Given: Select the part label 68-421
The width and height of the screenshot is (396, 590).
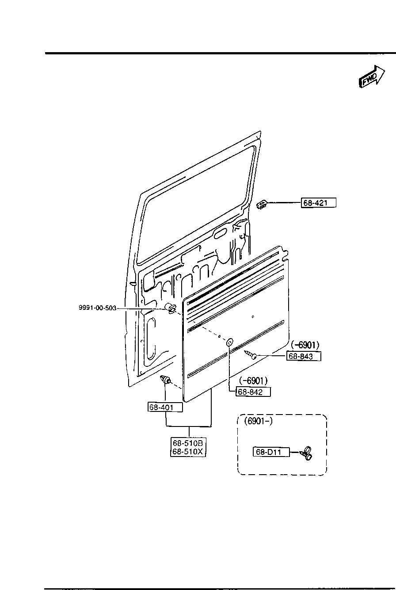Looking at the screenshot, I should pos(319,203).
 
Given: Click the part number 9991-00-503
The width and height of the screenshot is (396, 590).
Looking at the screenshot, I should pos(98,308).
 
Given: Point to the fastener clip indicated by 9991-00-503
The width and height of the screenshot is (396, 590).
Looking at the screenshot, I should pos(171,308).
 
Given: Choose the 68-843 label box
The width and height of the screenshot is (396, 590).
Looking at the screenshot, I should pos(304,356).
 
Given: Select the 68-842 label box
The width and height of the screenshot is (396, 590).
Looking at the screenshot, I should pos(253,392).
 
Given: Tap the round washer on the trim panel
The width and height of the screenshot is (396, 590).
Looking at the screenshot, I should pos(229,342).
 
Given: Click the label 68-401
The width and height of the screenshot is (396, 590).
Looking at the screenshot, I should pos(164,407).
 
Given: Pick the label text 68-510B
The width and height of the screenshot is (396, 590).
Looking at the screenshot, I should pos(188,443).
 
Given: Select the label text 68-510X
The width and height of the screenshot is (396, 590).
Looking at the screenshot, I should pos(188,451).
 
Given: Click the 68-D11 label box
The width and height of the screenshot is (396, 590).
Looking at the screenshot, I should pos(270,452).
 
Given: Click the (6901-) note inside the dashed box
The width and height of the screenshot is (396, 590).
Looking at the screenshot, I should pos(258,421).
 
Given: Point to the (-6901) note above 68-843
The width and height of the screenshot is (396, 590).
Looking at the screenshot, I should pos(305,345).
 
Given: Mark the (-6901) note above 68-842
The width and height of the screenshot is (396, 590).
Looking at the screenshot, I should pos(253,381).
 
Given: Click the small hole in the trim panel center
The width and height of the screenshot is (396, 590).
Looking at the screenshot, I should pos(252,317).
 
